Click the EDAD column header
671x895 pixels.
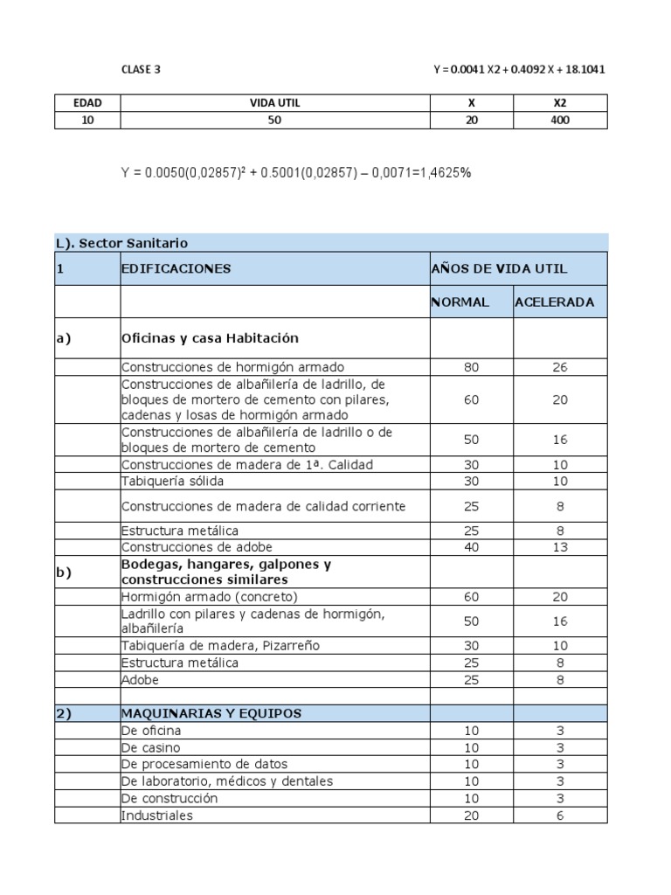point(87,103)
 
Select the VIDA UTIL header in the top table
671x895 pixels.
point(274,103)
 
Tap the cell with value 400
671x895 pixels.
point(560,120)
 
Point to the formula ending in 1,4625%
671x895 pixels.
point(296,173)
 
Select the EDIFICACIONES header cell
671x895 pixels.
point(176,268)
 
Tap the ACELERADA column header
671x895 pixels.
point(555,302)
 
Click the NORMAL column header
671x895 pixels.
point(460,302)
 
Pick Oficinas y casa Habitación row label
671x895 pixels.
point(210,338)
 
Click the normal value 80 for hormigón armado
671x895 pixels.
point(471,368)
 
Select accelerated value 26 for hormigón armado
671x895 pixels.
point(559,368)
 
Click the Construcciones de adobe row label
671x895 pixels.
point(192,547)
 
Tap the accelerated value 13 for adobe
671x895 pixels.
point(559,547)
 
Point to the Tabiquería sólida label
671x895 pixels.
point(173,482)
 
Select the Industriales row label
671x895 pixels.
point(157,815)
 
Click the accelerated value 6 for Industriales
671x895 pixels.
point(559,815)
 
